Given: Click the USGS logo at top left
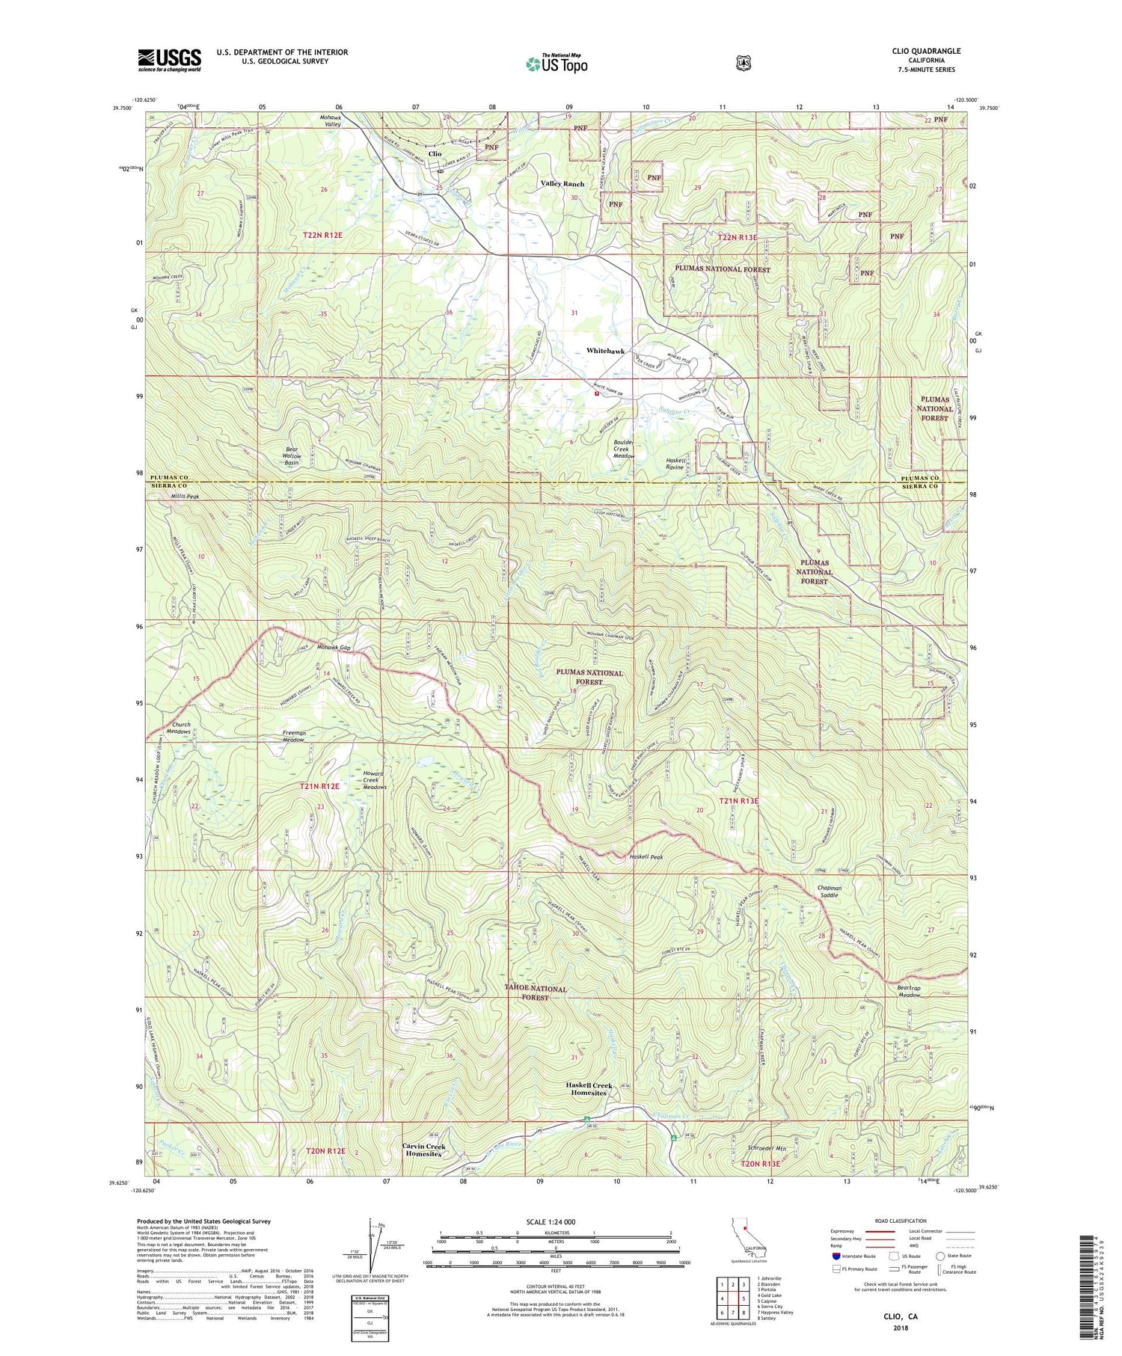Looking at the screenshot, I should [x=169, y=60].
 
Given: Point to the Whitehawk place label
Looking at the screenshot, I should [x=606, y=351].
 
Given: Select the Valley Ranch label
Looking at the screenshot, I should [x=562, y=183].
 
